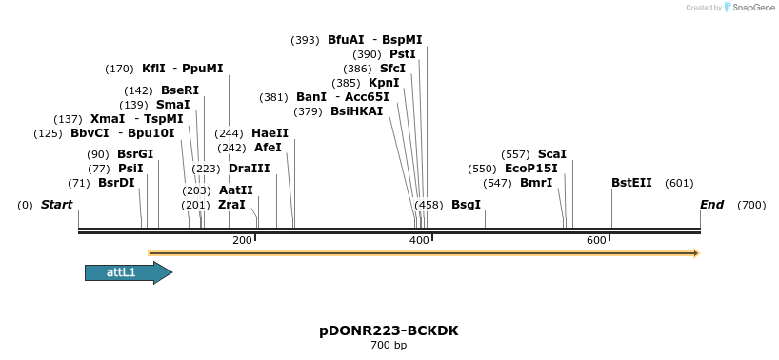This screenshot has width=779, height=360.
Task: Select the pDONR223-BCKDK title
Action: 389,330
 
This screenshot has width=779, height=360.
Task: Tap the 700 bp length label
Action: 389,345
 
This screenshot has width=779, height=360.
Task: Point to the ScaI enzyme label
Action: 552,154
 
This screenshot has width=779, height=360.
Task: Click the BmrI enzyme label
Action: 536,183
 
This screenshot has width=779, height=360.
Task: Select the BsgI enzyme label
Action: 467,205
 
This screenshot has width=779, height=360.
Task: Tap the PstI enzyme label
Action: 403,54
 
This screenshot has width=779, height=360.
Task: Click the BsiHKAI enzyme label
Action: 357,111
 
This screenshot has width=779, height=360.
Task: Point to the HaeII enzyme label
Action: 270,133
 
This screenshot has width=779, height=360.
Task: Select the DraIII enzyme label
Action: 250,169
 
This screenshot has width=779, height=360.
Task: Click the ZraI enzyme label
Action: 231,205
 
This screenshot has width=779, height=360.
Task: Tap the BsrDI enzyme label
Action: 116,183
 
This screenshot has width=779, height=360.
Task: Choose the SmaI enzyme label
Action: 173,105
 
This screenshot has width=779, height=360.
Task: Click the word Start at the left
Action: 57,205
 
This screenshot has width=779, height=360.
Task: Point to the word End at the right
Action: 711,205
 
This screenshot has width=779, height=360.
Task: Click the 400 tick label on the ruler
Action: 420,241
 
